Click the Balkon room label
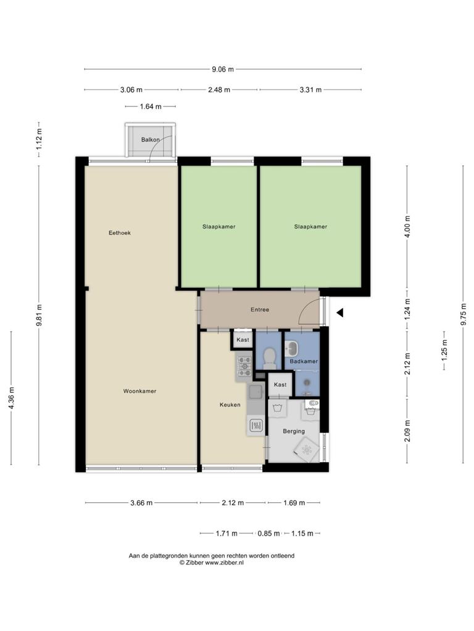[x=151, y=140]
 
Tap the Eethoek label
[x=120, y=232]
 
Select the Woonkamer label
[x=139, y=391]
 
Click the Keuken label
[x=230, y=405]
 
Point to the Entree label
[x=260, y=309]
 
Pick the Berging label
[x=293, y=431]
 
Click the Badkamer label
[x=304, y=361]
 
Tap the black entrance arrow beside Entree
[x=340, y=312]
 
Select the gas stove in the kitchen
[x=244, y=367]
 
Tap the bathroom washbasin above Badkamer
[x=292, y=348]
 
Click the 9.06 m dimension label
[x=223, y=69]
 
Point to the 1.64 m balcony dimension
[x=151, y=107]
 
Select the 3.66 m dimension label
[x=141, y=503]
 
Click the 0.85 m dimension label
[x=268, y=534]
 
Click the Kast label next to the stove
[x=243, y=340]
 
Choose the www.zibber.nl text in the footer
[x=224, y=563]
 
